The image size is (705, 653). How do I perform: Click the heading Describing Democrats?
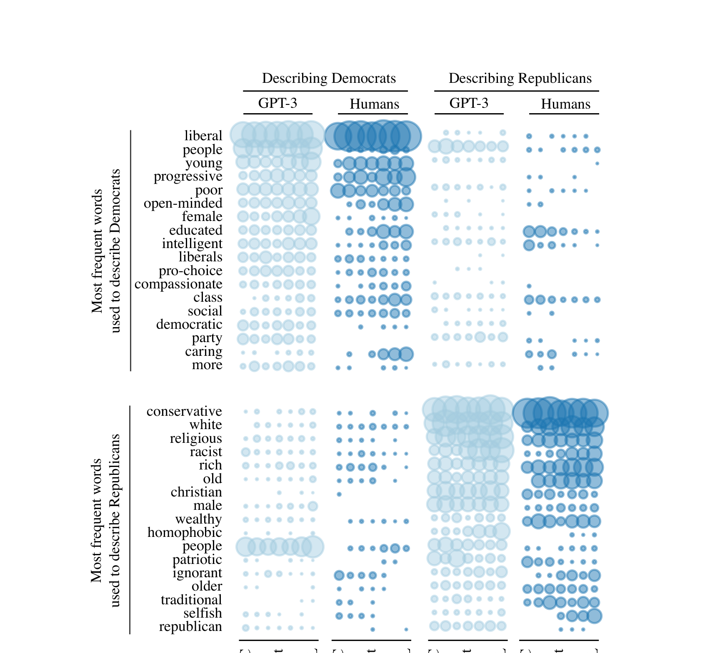[x=329, y=78]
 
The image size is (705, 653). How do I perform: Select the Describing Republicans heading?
[x=520, y=78]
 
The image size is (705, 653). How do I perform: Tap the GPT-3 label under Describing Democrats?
[x=277, y=103]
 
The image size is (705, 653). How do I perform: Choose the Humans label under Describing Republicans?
[x=565, y=104]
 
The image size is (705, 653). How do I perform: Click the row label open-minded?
[x=183, y=204]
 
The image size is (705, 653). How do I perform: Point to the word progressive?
[x=188, y=176]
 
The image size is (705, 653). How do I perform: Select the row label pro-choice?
[x=190, y=271]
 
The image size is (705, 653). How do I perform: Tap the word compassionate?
[x=178, y=284]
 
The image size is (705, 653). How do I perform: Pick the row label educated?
[x=195, y=231]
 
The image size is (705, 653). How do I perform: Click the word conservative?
[x=184, y=412]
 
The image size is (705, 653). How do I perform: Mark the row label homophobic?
[x=185, y=533]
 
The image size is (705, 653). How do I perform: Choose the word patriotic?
[x=197, y=560]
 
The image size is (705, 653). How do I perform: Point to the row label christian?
[x=196, y=492]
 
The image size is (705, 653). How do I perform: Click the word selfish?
[x=202, y=613]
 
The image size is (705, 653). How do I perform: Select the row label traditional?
[x=191, y=600]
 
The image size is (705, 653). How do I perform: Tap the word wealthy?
[x=198, y=519]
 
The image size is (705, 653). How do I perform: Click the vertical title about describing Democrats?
[x=105, y=251]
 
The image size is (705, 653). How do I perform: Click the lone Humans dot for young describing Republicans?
[x=597, y=164]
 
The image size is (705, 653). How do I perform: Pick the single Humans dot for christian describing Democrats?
[x=339, y=494]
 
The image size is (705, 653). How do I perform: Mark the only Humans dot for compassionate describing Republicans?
[x=529, y=286]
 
